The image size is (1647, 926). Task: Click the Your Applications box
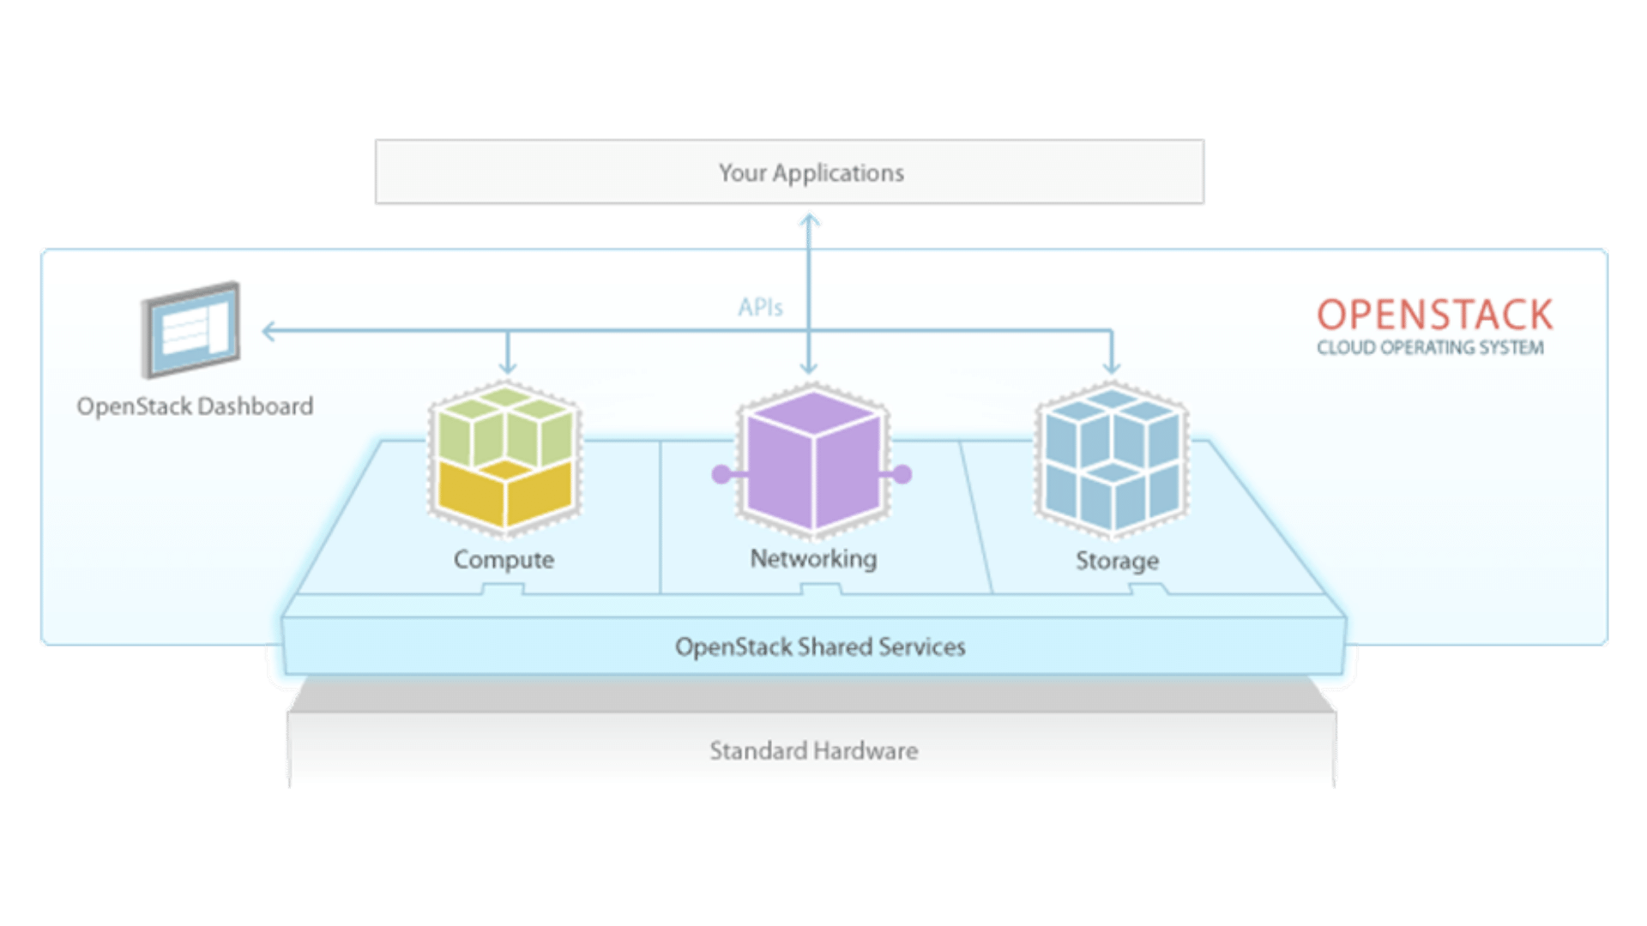(x=789, y=172)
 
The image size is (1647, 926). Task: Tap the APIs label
(x=760, y=307)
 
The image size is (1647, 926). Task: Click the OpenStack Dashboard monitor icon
(x=191, y=330)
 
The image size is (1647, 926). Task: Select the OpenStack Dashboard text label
(x=195, y=406)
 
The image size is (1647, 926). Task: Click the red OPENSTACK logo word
(x=1434, y=315)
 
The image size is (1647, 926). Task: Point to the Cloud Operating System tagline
(x=1430, y=347)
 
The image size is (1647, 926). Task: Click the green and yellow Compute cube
(x=505, y=460)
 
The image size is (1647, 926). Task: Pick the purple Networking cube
(x=812, y=461)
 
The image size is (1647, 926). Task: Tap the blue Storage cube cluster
(x=1112, y=460)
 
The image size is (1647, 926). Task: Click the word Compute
(x=504, y=560)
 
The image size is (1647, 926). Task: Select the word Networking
(x=813, y=559)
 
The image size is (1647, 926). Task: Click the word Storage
(x=1117, y=561)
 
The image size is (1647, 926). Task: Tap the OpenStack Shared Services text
(x=820, y=646)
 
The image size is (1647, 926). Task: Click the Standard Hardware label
(x=813, y=751)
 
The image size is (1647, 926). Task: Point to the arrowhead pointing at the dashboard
(x=268, y=331)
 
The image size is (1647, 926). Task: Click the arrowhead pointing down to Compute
(x=508, y=368)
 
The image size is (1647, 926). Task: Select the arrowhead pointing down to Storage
(x=1112, y=368)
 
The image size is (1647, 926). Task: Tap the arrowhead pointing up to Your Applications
(x=809, y=219)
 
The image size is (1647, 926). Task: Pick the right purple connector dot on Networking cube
(x=902, y=473)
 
